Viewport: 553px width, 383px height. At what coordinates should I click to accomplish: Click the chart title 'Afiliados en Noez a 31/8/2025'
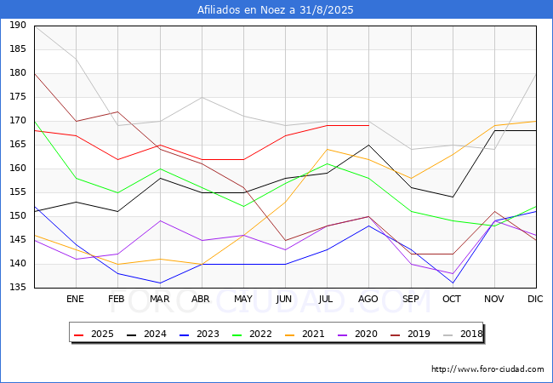click(275, 9)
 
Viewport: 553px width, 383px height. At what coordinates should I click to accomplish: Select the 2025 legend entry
click(94, 334)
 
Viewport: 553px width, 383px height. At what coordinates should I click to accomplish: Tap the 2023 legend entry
click(199, 334)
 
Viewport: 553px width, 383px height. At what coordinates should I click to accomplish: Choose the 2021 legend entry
click(305, 334)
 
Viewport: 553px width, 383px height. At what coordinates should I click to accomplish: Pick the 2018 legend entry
click(463, 334)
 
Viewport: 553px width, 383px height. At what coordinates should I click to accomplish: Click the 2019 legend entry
click(410, 334)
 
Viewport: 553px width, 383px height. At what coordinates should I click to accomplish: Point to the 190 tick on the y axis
click(18, 26)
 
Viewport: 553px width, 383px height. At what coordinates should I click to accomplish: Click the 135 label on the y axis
click(18, 287)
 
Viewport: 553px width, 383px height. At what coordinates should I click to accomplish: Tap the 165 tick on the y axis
click(18, 144)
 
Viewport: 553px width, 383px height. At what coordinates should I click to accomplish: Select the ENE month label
click(75, 299)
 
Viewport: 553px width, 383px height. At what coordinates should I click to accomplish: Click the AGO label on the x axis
click(368, 299)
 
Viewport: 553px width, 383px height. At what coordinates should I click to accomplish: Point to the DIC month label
click(535, 299)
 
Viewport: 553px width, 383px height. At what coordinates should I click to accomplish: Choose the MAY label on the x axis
click(243, 299)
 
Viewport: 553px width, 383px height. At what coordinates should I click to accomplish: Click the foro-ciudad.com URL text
click(487, 369)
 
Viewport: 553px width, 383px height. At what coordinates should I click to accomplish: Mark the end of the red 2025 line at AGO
click(369, 126)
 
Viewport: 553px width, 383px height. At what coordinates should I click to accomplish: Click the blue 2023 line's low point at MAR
click(160, 283)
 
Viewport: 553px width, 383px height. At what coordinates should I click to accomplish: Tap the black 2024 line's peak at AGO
click(369, 145)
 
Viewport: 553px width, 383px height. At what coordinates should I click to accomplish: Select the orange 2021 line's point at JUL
click(328, 150)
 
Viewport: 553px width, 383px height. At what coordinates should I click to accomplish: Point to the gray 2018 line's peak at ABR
click(202, 97)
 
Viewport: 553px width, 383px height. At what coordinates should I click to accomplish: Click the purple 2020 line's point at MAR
click(160, 220)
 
